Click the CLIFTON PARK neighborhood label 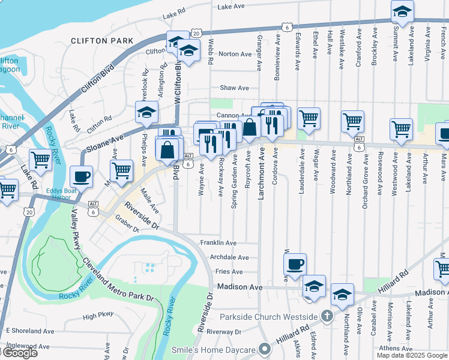(101, 41)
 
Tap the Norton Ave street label (235, 54)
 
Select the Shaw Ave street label (234, 88)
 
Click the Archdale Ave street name (229, 257)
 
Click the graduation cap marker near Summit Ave (402, 11)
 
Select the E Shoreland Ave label (29, 331)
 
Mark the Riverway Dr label (224, 331)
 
